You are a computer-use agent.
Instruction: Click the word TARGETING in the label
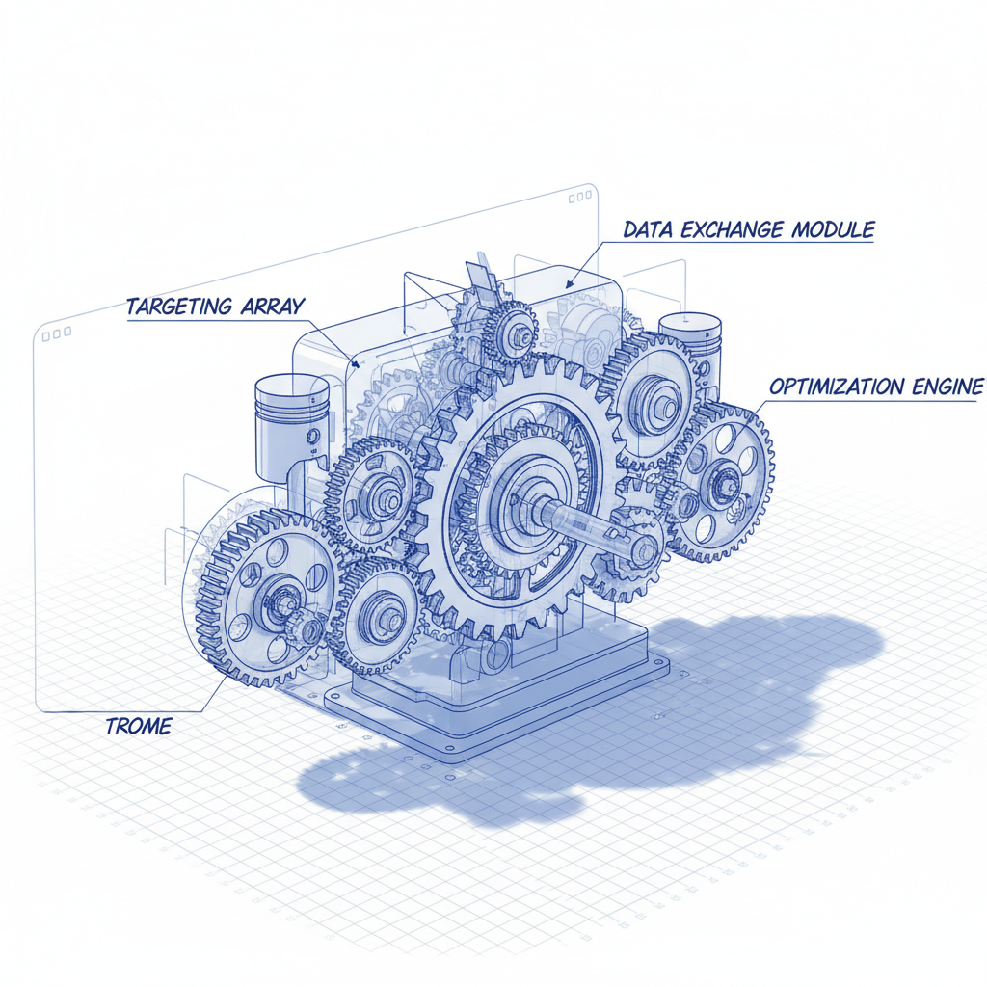coord(179,307)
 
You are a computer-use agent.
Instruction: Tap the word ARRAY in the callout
coord(273,306)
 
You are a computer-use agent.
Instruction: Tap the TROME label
coord(139,727)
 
